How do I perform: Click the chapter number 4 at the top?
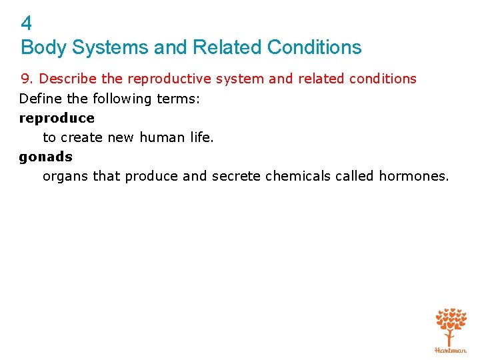tap(26, 24)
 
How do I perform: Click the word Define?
tap(38, 99)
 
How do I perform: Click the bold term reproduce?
tap(57, 118)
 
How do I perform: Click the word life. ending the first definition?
tap(199, 137)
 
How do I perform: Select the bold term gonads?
tap(46, 157)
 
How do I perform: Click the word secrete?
tap(236, 176)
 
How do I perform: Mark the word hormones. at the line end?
tap(414, 176)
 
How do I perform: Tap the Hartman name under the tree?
tap(451, 349)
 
